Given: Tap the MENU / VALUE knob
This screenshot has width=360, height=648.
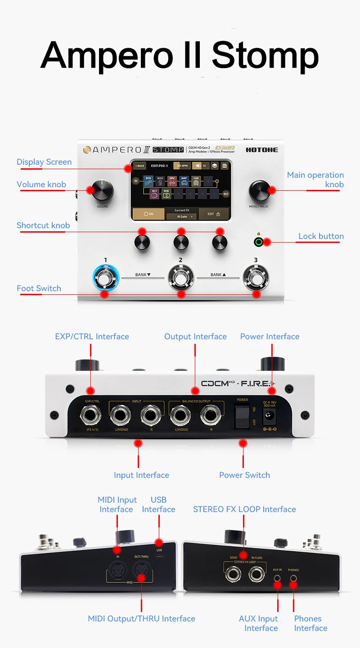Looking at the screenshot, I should pyautogui.click(x=260, y=191).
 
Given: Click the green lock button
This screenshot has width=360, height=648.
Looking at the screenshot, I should pyautogui.click(x=258, y=242).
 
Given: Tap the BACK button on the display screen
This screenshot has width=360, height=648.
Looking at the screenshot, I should pyautogui.click(x=140, y=166).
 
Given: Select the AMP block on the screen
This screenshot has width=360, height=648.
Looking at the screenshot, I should pyautogui.click(x=184, y=181).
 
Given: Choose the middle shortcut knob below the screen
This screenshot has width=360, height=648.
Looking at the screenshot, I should pyautogui.click(x=181, y=243).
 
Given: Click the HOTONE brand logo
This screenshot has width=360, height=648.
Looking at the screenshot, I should pyautogui.click(x=262, y=150).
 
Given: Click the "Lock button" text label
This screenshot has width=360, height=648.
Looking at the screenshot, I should pyautogui.click(x=321, y=236).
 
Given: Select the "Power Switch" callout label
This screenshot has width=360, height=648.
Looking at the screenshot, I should pyautogui.click(x=244, y=475).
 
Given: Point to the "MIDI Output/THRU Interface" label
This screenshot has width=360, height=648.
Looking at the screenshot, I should pyautogui.click(x=141, y=619).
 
